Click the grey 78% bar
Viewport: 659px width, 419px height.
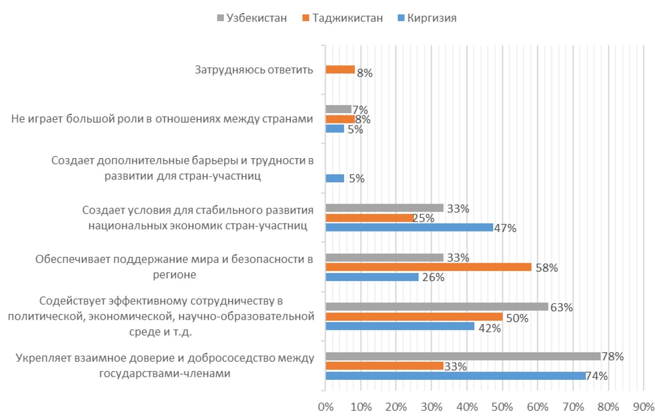463,356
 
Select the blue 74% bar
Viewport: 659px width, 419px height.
455,376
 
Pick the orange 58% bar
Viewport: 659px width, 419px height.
428,267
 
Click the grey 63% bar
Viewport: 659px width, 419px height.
436,307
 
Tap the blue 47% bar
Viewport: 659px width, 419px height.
409,228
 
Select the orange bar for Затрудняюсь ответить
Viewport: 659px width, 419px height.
340,69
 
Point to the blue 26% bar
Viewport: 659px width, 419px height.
372,277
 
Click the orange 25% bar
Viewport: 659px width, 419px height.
369,218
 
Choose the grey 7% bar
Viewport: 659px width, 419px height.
338,109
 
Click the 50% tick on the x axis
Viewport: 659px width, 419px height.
502,407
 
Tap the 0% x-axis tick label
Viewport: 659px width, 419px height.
325,407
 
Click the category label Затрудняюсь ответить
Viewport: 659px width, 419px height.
254,70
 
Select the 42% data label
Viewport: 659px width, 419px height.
489,328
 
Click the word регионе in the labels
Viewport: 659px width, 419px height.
174,275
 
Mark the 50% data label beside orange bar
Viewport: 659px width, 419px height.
517,318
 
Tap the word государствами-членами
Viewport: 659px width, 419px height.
164,373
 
